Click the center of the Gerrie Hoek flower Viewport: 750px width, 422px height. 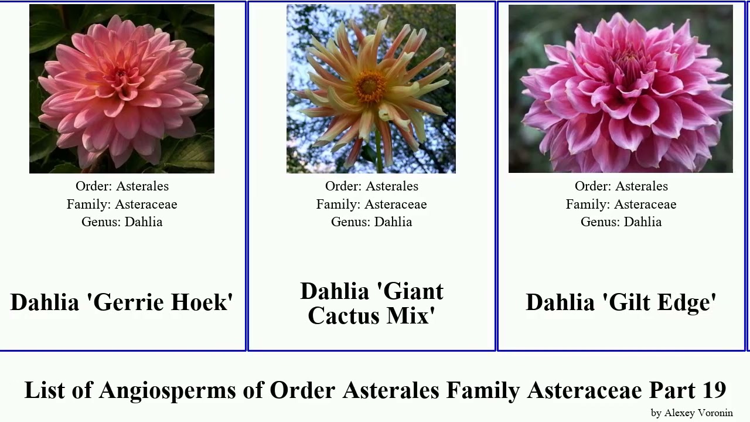click(x=121, y=75)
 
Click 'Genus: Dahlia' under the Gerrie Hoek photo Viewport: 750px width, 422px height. click(x=122, y=222)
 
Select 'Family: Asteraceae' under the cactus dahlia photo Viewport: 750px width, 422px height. click(x=371, y=204)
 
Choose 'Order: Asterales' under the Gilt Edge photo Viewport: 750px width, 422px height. click(x=621, y=186)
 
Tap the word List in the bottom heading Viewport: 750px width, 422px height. click(x=45, y=390)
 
